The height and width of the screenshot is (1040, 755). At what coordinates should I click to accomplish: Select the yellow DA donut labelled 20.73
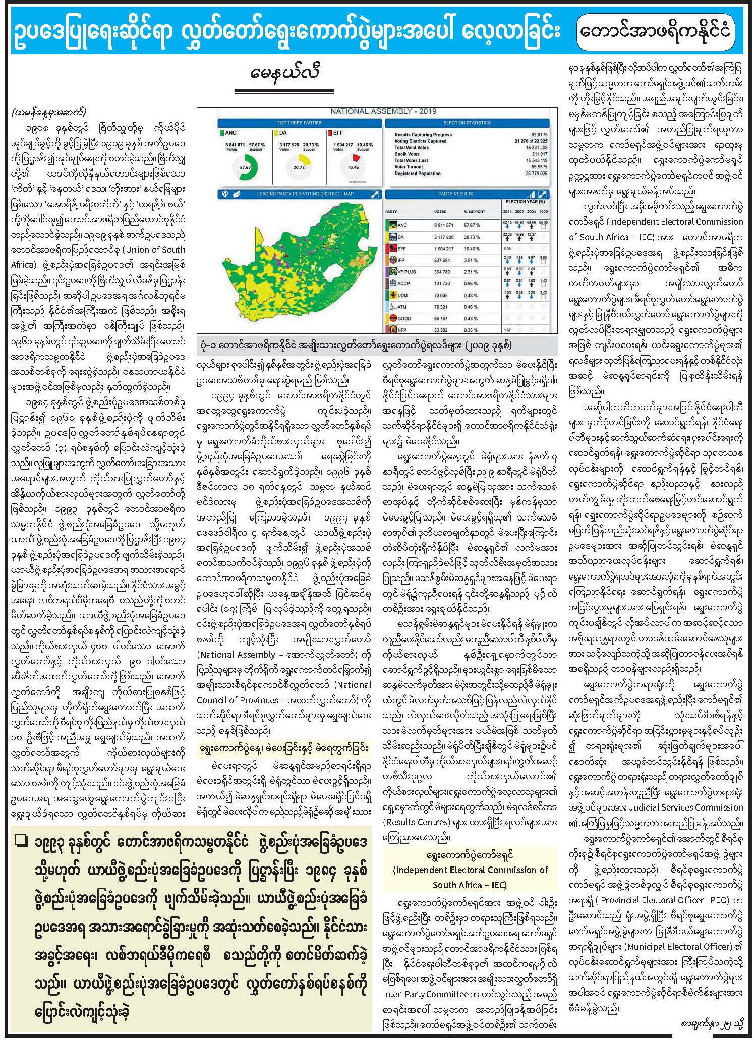(299, 167)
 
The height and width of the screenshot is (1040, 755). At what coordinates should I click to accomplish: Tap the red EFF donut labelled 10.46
(353, 166)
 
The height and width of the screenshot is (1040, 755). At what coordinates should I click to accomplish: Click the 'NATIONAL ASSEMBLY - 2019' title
(383, 111)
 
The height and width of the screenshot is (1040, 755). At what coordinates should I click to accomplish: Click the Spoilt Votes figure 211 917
(537, 154)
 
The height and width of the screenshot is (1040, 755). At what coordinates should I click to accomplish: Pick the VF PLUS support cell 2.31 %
(472, 272)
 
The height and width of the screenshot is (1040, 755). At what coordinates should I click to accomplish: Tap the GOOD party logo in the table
(392, 318)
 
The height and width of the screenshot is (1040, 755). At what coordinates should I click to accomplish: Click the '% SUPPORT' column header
(474, 212)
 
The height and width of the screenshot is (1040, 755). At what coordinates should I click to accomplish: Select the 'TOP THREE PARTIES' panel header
(300, 123)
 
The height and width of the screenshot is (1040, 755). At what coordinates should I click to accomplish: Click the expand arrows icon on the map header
(375, 194)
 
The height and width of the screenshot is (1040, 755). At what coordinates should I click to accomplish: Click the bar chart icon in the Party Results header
(531, 194)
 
